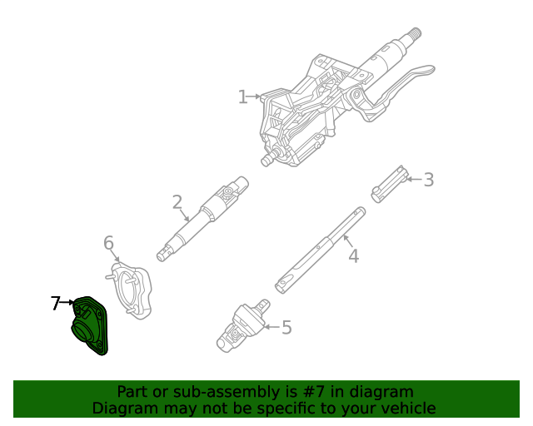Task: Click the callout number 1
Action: click(x=242, y=97)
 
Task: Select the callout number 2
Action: click(x=177, y=202)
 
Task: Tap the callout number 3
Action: click(x=428, y=180)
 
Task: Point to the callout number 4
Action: click(x=353, y=256)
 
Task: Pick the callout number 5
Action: click(x=286, y=328)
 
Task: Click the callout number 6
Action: click(x=108, y=243)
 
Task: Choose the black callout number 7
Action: click(x=56, y=304)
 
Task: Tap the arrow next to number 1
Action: click(x=255, y=97)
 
